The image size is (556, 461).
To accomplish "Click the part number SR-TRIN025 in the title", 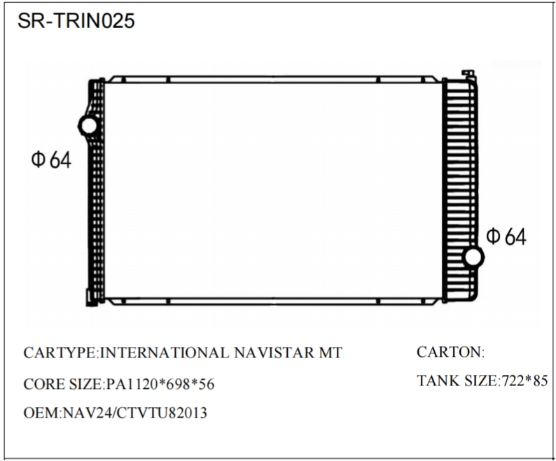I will [x=75, y=21].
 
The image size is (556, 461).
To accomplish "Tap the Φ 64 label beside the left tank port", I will [x=50, y=159].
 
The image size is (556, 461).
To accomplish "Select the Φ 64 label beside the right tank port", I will [x=506, y=237].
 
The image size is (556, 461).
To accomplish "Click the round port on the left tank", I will [x=89, y=126].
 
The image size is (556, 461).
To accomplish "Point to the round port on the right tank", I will [x=473, y=257].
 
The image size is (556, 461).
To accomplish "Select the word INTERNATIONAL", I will [x=165, y=353].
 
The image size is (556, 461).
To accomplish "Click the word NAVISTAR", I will [x=272, y=353].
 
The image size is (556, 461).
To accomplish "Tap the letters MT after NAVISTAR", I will [x=331, y=353].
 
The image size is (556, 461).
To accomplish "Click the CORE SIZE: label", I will [x=64, y=384].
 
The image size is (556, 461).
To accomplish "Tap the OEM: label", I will [x=43, y=413].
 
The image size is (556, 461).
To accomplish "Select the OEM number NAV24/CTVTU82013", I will [x=134, y=413].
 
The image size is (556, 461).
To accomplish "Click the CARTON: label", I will [x=450, y=352].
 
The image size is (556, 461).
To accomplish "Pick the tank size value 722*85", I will [x=524, y=381].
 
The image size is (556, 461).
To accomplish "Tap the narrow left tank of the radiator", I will [x=95, y=210].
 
